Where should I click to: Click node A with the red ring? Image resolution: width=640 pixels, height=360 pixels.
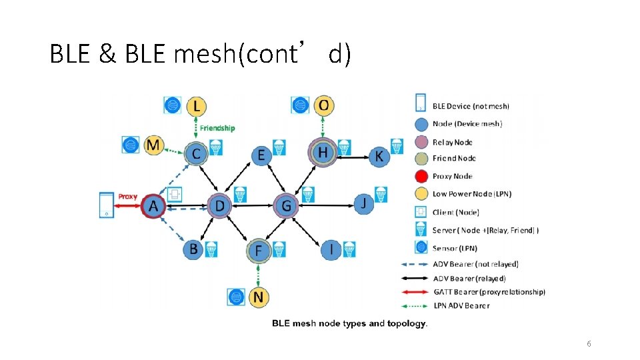pyautogui.click(x=153, y=207)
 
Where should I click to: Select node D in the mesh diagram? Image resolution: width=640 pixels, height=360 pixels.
pyautogui.click(x=219, y=207)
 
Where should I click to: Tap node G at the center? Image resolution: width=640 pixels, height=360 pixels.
pyautogui.click(x=286, y=207)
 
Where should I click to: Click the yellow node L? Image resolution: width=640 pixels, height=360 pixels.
pyautogui.click(x=195, y=105)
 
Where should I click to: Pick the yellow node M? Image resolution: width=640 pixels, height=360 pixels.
pyautogui.click(x=153, y=145)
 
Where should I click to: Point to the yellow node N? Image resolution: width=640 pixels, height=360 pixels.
pyautogui.click(x=258, y=297)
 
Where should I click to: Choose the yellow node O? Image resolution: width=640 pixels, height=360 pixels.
pyautogui.click(x=323, y=105)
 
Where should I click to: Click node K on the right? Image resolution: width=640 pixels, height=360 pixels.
pyautogui.click(x=379, y=156)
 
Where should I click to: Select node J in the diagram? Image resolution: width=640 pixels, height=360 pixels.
pyautogui.click(x=363, y=202)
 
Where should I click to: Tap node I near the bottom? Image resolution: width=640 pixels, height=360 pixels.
pyautogui.click(x=331, y=249)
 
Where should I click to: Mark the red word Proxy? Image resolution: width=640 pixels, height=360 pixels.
pyautogui.click(x=127, y=197)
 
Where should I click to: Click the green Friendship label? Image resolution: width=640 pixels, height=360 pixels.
pyautogui.click(x=217, y=128)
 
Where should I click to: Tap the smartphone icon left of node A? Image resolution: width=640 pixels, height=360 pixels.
pyautogui.click(x=107, y=205)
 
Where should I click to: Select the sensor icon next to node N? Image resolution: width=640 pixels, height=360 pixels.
pyautogui.click(x=235, y=297)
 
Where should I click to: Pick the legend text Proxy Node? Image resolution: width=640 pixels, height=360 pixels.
pyautogui.click(x=452, y=176)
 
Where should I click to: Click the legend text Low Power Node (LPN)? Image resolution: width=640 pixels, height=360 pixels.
pyautogui.click(x=471, y=194)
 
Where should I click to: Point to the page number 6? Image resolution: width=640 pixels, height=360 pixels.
pyautogui.click(x=589, y=343)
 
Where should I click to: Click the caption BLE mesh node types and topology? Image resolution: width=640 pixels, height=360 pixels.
pyautogui.click(x=349, y=323)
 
